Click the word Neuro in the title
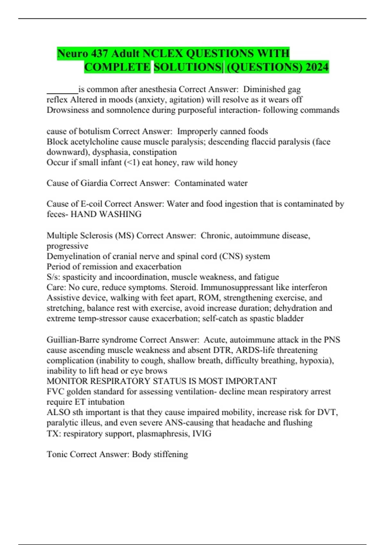pos(73,53)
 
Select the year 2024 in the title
pos(317,67)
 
